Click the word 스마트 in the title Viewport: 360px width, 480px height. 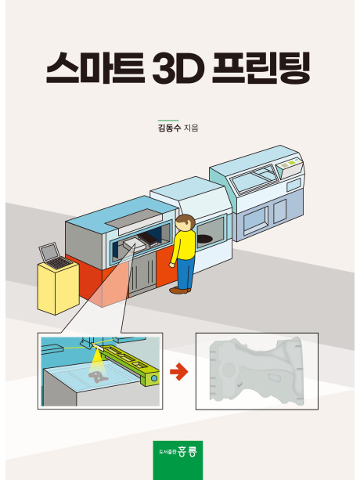(95, 68)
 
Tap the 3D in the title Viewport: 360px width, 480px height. (178, 69)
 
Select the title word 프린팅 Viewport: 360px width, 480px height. (261, 68)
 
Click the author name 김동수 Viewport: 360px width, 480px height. (169, 128)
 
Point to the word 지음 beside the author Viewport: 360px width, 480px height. (191, 128)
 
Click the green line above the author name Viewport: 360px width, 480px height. (168, 121)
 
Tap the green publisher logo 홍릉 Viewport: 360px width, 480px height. (178, 460)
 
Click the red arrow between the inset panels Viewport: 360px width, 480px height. (179, 372)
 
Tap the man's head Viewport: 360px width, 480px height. (185, 222)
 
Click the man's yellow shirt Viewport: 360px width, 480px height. (183, 247)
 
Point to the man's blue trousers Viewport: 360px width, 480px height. (185, 273)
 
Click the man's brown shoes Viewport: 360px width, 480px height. (180, 290)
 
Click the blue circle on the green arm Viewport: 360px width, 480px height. (154, 378)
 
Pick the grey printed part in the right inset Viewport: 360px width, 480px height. (257, 370)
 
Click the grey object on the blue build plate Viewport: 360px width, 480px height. (99, 377)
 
